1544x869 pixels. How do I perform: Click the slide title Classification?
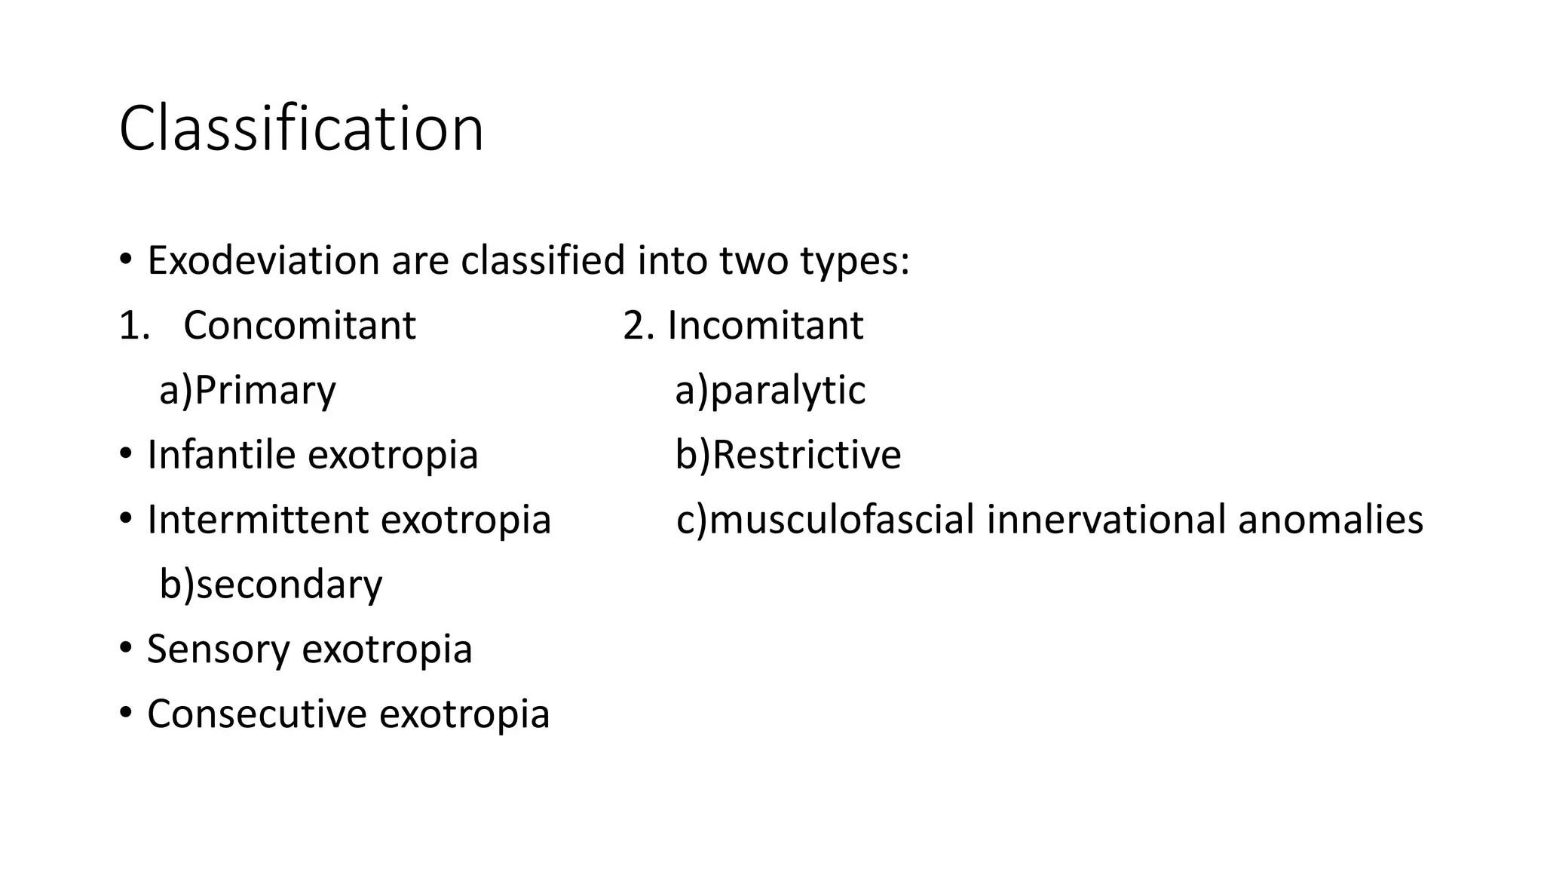[301, 129]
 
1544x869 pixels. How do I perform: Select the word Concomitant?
[299, 326]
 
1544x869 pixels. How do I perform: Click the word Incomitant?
[765, 326]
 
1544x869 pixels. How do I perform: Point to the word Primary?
[265, 391]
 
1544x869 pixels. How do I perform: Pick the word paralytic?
[788, 391]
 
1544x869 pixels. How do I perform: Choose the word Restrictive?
[806, 455]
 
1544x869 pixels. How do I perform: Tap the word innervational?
[1106, 520]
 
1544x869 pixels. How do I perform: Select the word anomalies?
[1331, 520]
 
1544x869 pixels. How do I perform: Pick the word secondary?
[289, 585]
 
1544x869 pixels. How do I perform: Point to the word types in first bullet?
[853, 261]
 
